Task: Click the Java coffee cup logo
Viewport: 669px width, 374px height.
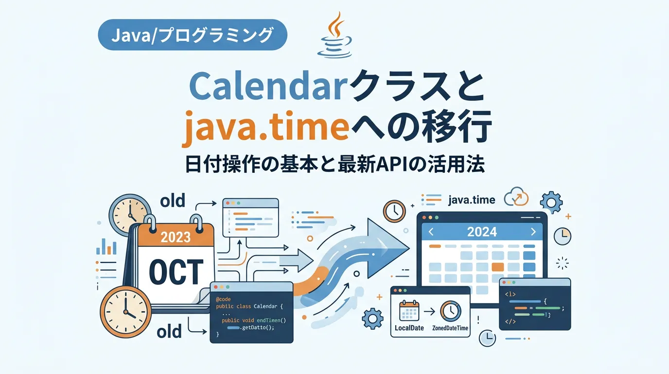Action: [335, 35]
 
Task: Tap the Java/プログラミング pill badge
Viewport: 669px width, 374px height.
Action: [193, 35]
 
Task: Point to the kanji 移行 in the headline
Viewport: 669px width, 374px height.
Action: [458, 127]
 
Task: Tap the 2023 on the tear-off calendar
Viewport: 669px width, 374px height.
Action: [176, 237]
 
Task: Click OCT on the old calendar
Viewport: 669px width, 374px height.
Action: [176, 272]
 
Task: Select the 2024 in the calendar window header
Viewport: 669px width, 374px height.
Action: [482, 232]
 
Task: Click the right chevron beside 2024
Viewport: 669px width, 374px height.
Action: [533, 232]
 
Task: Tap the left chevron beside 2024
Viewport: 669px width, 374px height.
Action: [431, 232]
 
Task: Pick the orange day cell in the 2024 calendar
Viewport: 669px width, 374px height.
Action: [497, 267]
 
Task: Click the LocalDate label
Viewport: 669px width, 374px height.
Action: [409, 328]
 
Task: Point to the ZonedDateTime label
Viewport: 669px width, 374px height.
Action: [450, 328]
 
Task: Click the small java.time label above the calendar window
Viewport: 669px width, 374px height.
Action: [472, 200]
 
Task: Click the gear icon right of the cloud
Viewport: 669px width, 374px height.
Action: [551, 203]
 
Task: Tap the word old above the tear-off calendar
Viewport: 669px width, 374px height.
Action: [173, 201]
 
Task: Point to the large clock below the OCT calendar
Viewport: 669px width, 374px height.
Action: [125, 312]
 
